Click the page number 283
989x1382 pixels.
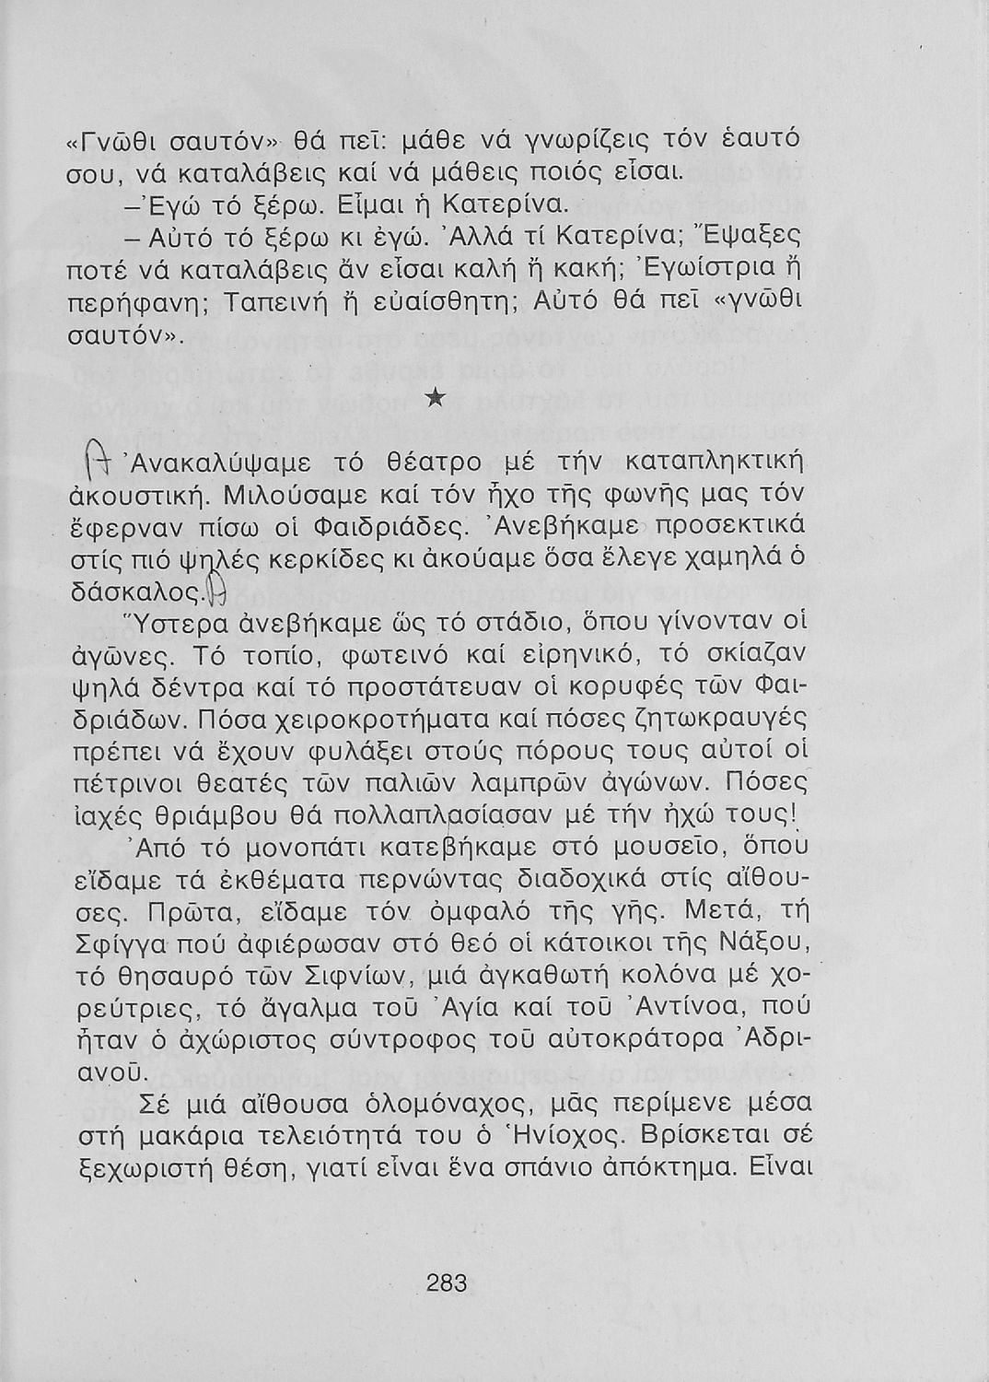coord(448,1282)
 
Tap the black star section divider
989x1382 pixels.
coord(438,398)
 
